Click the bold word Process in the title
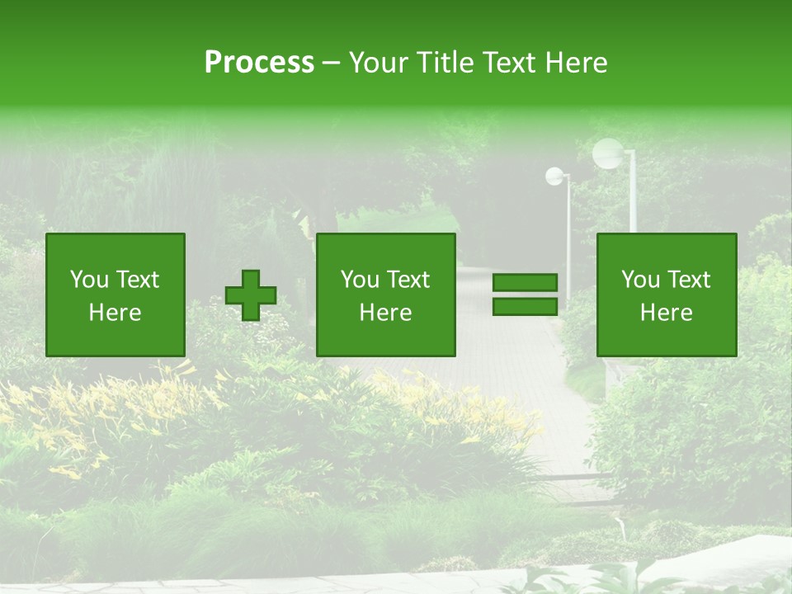(259, 63)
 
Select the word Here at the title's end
(575, 63)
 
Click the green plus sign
(251, 295)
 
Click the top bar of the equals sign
(525, 283)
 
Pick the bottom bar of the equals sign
(525, 306)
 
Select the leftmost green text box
(115, 295)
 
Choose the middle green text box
(386, 295)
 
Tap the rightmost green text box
(667, 295)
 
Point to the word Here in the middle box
(386, 313)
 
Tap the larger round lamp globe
(609, 153)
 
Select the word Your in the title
(379, 63)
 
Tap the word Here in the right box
(667, 313)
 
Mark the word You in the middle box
(361, 280)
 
